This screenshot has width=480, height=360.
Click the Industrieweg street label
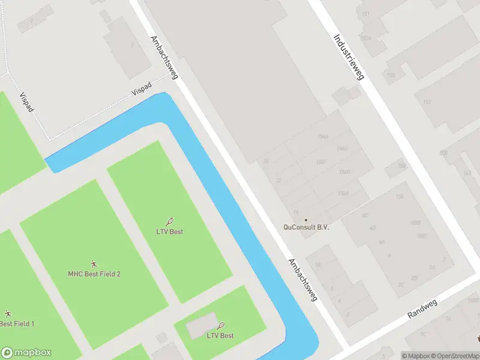tap(349, 57)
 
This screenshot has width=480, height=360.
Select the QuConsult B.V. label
tap(307, 227)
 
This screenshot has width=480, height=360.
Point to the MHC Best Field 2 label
tap(94, 274)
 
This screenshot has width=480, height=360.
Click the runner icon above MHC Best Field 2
tap(94, 264)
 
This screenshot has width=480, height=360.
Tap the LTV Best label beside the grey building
tap(220, 335)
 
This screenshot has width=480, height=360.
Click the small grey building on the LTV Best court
tap(200, 326)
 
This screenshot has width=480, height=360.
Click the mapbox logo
tap(27, 353)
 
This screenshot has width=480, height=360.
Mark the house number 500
tap(443, 153)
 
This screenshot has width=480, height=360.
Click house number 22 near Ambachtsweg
tap(278, 180)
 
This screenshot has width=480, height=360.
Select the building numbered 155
tap(392, 75)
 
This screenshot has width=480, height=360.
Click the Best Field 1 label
tap(17, 324)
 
